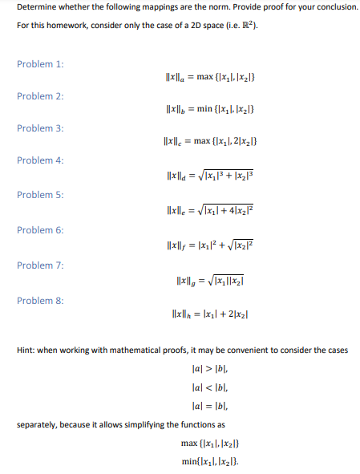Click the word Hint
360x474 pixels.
tap(26, 350)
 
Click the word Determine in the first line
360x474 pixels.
tap(36, 6)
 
